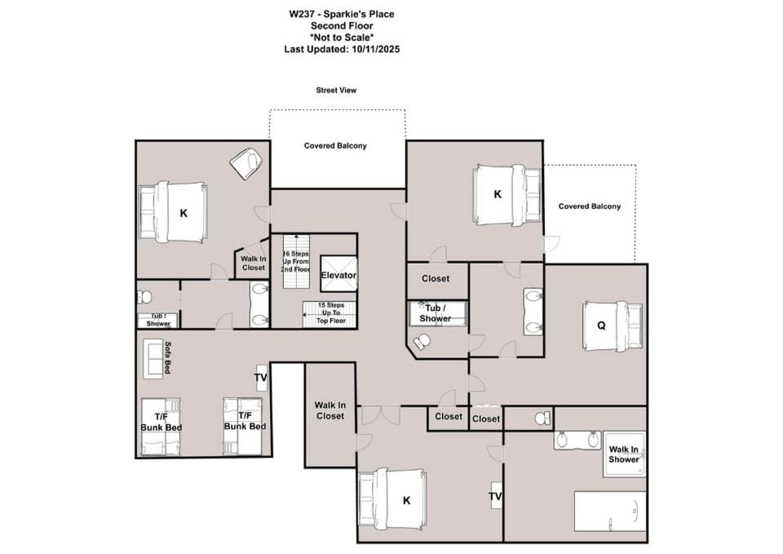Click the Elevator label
(x=338, y=275)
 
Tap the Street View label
(x=336, y=91)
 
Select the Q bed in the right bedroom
(x=613, y=326)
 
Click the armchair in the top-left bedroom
(x=246, y=162)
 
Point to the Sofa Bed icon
(x=153, y=358)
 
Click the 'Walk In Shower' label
(x=623, y=454)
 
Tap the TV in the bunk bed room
(x=261, y=377)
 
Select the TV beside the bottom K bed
(x=496, y=495)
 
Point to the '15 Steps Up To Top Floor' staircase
(x=330, y=314)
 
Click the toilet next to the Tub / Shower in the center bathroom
(x=422, y=341)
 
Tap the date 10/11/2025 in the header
(x=375, y=49)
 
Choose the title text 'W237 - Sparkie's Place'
(x=342, y=14)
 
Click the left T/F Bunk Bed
(x=161, y=427)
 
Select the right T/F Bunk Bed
(x=243, y=426)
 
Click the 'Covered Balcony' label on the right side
(x=589, y=206)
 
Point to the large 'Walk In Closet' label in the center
(x=330, y=410)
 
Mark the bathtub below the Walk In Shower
(x=610, y=512)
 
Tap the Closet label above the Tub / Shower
(x=436, y=279)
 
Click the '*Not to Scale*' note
(x=342, y=38)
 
